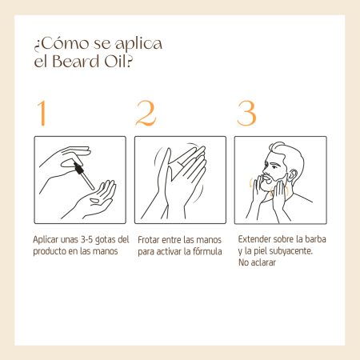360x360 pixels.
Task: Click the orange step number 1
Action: coord(42,113)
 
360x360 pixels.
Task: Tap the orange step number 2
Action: coord(146,113)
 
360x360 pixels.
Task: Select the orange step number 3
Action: coord(246,113)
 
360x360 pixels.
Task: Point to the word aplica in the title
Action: coord(138,44)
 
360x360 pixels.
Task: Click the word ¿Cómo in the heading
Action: coord(62,43)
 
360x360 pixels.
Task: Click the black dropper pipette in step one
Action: coord(84,175)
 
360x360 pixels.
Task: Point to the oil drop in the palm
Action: coord(94,201)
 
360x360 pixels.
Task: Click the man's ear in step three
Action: coord(293,176)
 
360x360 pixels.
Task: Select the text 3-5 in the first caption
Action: coord(86,239)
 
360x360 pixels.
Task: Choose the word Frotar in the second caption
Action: coord(149,240)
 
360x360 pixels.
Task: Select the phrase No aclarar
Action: coord(257,262)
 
